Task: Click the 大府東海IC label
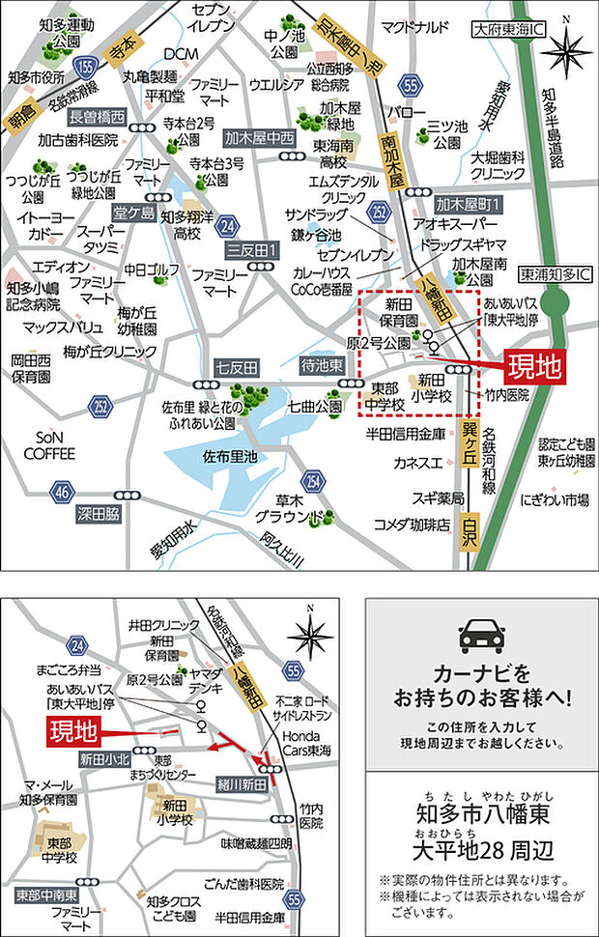pyautogui.click(x=508, y=30)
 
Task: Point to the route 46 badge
pyautogui.click(x=64, y=492)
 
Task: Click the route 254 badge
pyautogui.click(x=313, y=480)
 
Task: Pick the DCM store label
pyautogui.click(x=181, y=53)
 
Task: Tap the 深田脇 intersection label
pyautogui.click(x=100, y=516)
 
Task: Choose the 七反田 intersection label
pyautogui.click(x=238, y=367)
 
